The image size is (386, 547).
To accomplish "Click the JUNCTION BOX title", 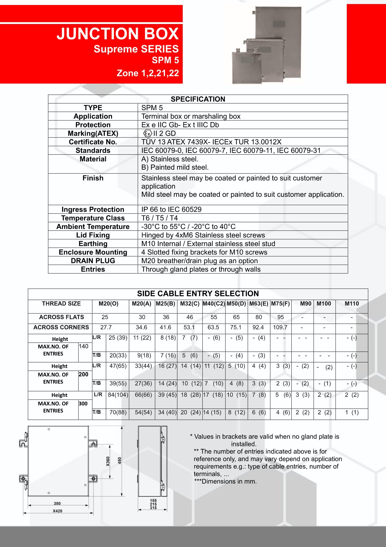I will coord(118,34).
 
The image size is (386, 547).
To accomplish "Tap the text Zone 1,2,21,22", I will coord(148,73).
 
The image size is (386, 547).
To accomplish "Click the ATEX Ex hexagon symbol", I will coord(147,133).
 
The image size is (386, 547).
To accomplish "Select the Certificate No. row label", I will coord(93,142).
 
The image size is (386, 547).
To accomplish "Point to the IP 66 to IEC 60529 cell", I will coord(171,209).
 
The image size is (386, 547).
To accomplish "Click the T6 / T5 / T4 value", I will coord(159,218).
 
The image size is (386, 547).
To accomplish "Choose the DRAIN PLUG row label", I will coord(93,261).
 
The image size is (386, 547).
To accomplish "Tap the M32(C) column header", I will coord(190,303).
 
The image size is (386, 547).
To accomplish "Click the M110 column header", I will coord(352,303).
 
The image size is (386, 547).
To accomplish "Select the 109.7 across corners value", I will coord(280,327).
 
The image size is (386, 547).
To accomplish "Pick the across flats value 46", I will coord(190,317).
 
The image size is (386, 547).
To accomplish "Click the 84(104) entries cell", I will coord(118,395).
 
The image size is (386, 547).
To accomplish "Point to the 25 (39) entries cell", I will coord(118,337).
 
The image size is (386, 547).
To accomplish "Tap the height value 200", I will coord(83,374).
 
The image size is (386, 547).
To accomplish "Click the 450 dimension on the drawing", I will coord(120,460).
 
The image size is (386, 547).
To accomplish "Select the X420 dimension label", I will coord(57,511).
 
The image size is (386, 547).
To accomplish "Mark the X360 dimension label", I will coord(108,461).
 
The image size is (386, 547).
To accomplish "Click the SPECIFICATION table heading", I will coord(198,99).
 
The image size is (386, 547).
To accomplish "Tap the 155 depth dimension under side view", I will coord(153,501).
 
